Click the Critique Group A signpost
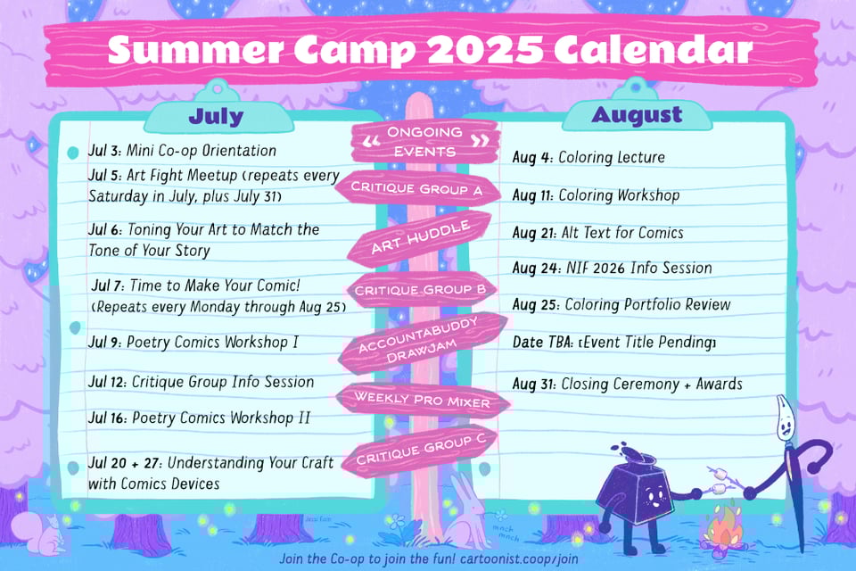tap(418, 188)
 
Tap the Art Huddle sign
tap(419, 237)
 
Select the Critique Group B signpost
tap(419, 289)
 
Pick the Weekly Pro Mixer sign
tap(423, 400)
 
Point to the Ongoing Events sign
tap(424, 142)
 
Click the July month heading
tap(216, 116)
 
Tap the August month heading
tap(637, 115)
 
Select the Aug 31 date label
tap(533, 385)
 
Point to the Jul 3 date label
tap(105, 151)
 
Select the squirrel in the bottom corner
tap(40, 534)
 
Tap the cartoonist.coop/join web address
tap(519, 559)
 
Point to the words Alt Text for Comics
tap(622, 233)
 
